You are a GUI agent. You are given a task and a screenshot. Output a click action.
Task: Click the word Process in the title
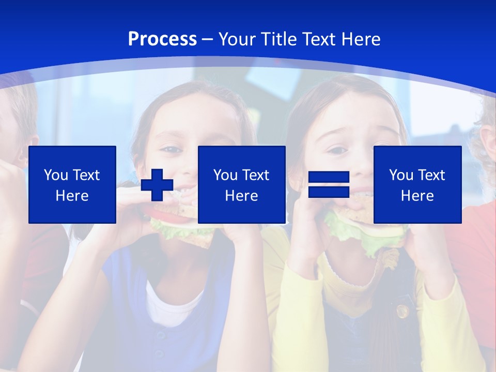point(162,39)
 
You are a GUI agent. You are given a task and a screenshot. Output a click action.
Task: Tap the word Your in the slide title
point(238,39)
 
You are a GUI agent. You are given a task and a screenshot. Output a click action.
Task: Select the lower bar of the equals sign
point(329,192)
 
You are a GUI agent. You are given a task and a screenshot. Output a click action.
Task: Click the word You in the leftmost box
point(56,175)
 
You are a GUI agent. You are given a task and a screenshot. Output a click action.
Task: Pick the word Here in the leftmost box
point(72,196)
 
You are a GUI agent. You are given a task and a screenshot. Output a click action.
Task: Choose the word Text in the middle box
point(255,175)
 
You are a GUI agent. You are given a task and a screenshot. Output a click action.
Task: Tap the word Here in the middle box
point(242,196)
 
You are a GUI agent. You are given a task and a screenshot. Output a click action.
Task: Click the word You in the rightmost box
point(401,175)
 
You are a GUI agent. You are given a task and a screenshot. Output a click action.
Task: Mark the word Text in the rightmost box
point(431,175)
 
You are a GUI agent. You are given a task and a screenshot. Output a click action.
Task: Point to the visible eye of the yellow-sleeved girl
point(337,150)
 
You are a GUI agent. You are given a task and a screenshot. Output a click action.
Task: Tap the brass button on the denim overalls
point(401,311)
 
